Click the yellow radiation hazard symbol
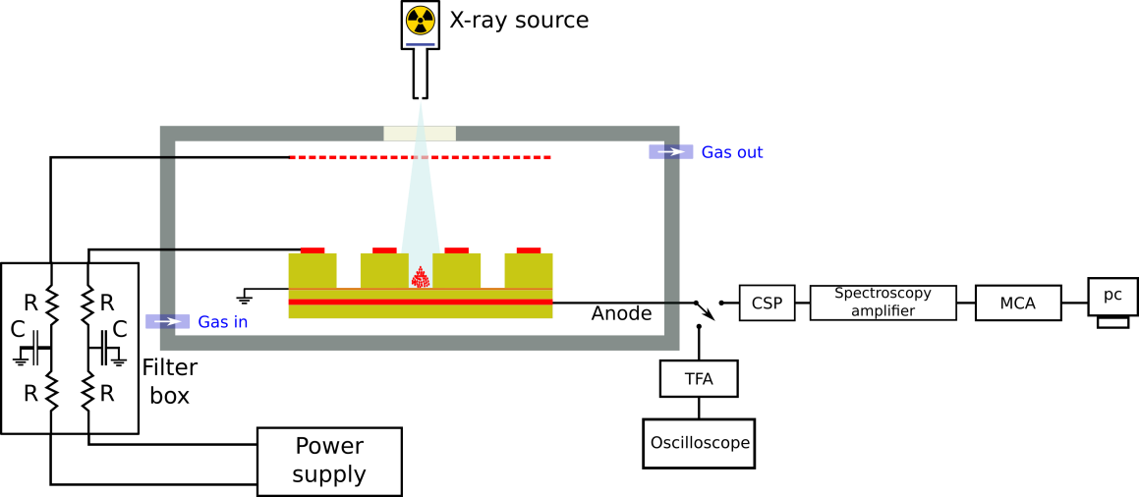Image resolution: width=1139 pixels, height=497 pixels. coord(420,20)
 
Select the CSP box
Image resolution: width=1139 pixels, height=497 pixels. coord(767,303)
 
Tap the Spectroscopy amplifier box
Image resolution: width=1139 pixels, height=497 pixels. coord(883,303)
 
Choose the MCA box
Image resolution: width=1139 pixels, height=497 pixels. coord(1018,303)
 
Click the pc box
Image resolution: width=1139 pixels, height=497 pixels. coord(1112,296)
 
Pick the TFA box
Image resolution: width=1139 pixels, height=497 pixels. coord(699,378)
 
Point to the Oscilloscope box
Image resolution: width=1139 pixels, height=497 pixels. coord(699,443)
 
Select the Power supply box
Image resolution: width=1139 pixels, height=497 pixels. coord(329,461)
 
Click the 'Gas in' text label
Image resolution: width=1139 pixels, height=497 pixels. coord(223,322)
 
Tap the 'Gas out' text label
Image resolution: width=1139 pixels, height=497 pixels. coord(732,153)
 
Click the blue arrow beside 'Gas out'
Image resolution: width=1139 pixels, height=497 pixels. coord(671,151)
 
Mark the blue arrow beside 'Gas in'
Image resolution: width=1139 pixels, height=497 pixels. coord(167,321)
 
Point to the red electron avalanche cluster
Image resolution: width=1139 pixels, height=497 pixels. coord(420,278)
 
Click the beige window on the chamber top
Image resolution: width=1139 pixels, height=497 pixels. coord(420,134)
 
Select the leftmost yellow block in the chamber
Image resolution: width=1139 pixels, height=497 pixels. coord(312,270)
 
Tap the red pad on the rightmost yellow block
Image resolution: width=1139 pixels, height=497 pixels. coord(529,250)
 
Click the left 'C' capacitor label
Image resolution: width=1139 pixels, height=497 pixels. coord(18,330)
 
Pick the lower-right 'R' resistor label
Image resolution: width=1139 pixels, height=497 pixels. coord(107,394)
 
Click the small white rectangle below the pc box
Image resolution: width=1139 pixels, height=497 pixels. coord(1112,322)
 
